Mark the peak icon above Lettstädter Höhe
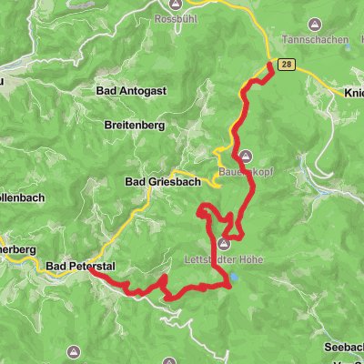pos(223,243)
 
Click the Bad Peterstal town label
pos(80,267)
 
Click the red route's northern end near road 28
pos(271,64)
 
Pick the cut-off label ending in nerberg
pos(16,248)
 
